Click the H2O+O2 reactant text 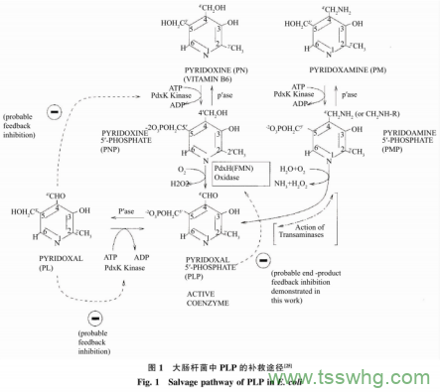(311, 168)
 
